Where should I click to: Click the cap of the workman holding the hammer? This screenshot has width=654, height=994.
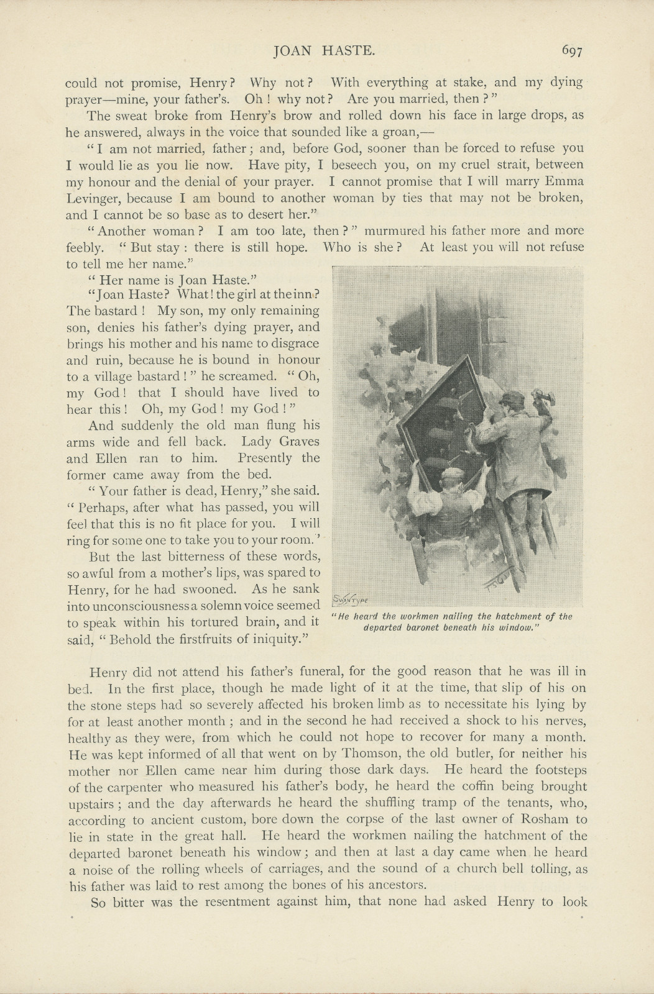(x=512, y=398)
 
